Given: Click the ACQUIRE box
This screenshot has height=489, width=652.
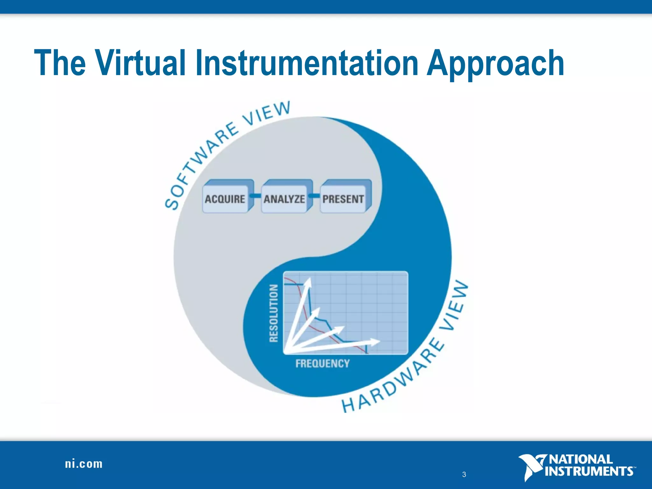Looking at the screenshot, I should (225, 199).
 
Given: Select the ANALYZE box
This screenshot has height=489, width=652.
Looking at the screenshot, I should (284, 199).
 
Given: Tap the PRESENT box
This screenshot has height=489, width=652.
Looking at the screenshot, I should (343, 199).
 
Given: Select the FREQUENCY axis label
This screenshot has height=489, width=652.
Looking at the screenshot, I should (322, 363).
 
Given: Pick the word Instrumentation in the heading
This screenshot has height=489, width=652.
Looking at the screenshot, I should (307, 63).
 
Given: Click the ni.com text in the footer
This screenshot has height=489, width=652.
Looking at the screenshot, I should (84, 464).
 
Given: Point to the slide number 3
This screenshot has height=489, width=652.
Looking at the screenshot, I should (464, 474).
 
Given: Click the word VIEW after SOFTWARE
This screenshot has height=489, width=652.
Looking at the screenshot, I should (267, 113).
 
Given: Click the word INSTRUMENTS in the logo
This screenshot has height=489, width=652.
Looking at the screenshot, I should (589, 471).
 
